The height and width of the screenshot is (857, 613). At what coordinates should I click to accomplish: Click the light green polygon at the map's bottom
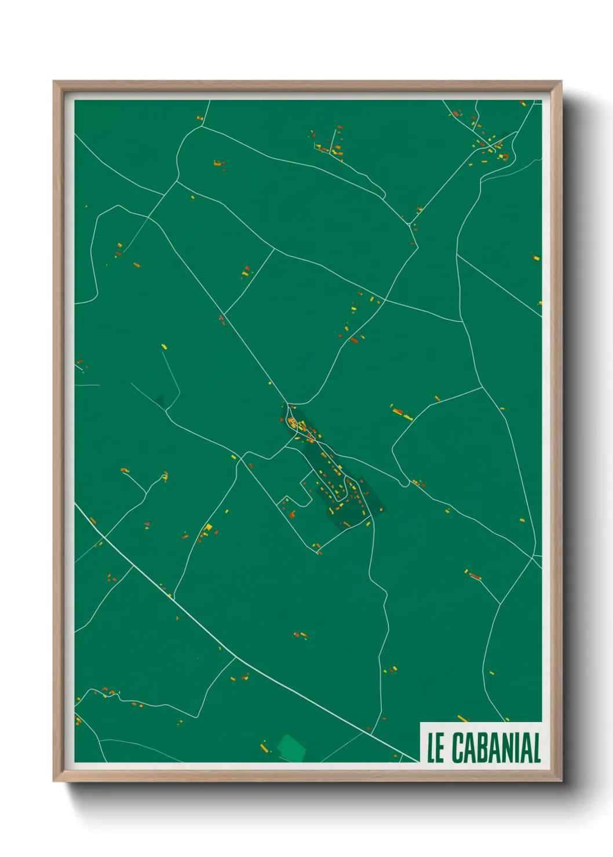coord(291,748)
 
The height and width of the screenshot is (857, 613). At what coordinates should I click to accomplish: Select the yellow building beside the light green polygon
coord(264,749)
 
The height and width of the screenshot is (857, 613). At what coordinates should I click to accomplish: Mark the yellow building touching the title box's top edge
coord(462,719)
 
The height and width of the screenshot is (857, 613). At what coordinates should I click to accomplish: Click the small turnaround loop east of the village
coord(404,482)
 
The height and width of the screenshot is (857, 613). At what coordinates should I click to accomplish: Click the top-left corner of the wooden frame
coord(54,82)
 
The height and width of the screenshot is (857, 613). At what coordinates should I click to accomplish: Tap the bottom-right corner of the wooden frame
coord(561,781)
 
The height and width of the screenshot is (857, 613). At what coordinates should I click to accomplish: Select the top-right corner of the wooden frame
coord(561,82)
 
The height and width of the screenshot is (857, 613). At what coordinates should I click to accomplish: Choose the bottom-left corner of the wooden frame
coord(54,781)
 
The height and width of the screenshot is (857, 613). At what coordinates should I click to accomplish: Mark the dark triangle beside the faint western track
coord(160,400)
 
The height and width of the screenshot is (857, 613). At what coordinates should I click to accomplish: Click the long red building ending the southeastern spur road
coord(475,576)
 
